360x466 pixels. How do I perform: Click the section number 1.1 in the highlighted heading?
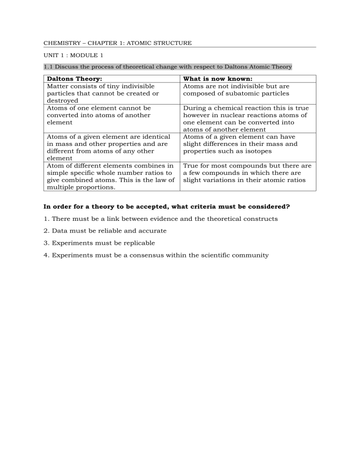point(48,67)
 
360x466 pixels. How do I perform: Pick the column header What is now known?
point(217,79)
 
